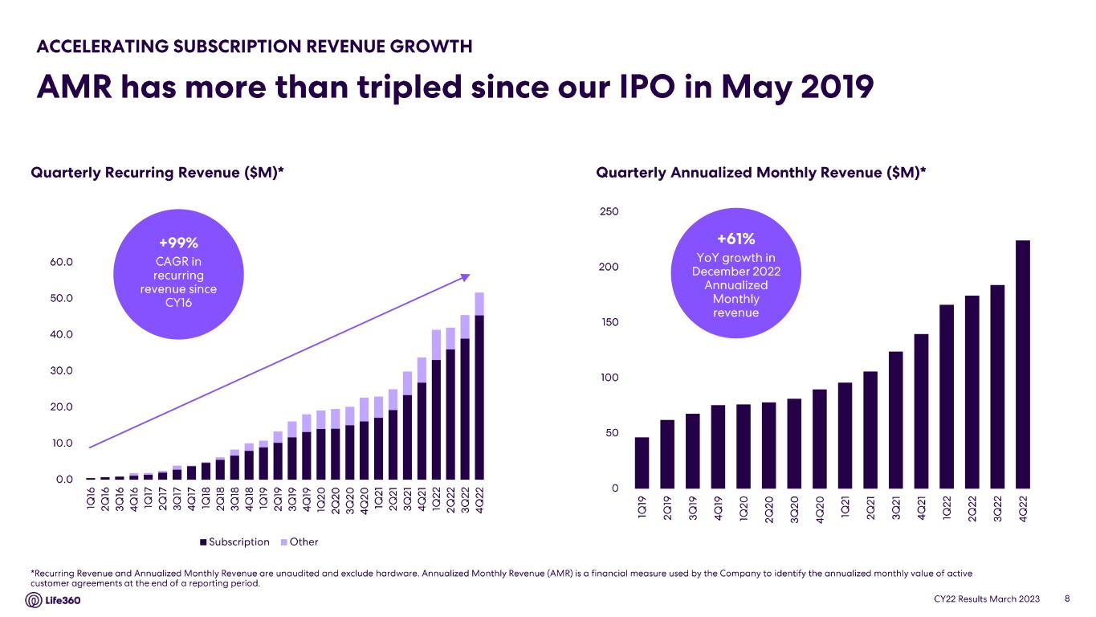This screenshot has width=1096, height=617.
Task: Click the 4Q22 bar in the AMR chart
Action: point(1022,364)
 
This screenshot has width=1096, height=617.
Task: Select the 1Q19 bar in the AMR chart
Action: point(642,463)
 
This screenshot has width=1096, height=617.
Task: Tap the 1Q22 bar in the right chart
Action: point(946,396)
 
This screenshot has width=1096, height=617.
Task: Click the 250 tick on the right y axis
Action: point(609,211)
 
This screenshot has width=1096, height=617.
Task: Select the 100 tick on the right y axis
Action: point(609,378)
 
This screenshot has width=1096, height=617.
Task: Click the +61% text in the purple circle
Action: point(735,239)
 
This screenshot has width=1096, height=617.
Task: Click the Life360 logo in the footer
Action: point(54,601)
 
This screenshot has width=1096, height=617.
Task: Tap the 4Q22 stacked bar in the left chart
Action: point(479,386)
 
